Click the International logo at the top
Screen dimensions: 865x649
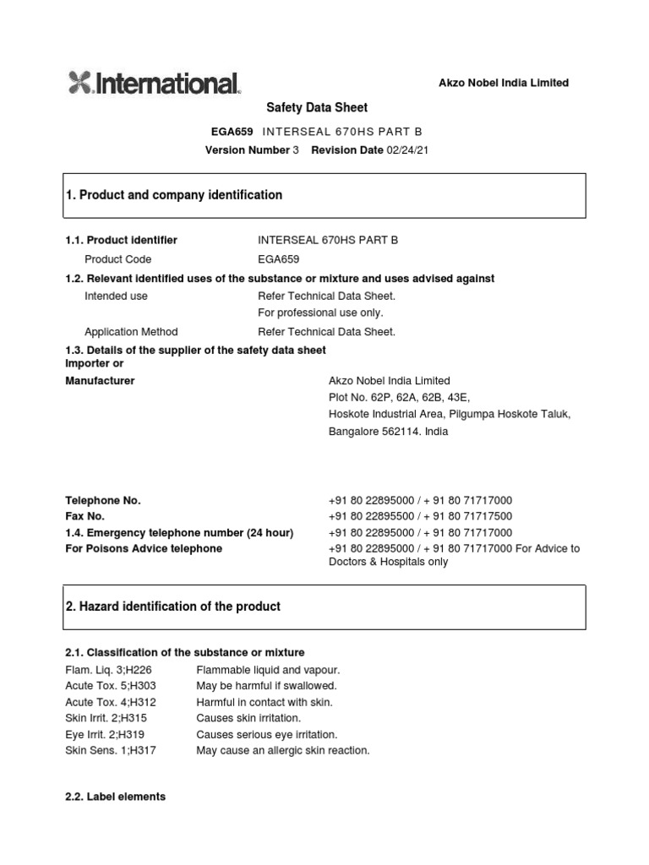pos(154,83)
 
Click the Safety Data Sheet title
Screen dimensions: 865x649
pos(317,107)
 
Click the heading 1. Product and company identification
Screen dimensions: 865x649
pos(174,195)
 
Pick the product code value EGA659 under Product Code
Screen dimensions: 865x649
pos(278,259)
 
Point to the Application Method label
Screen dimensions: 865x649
pos(131,332)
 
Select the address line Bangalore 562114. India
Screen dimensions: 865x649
pos(388,431)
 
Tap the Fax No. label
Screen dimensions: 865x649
pos(85,516)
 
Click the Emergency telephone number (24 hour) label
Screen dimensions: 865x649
pos(179,533)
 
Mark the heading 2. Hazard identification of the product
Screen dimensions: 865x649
pos(173,607)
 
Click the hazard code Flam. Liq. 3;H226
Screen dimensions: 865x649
pos(110,670)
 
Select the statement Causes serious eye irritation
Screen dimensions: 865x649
pos(266,735)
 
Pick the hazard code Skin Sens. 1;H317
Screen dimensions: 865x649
pos(111,751)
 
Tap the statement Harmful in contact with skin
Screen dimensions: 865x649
pos(265,702)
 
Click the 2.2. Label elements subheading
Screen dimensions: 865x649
pos(116,797)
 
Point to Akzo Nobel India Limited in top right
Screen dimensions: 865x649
pos(503,83)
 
